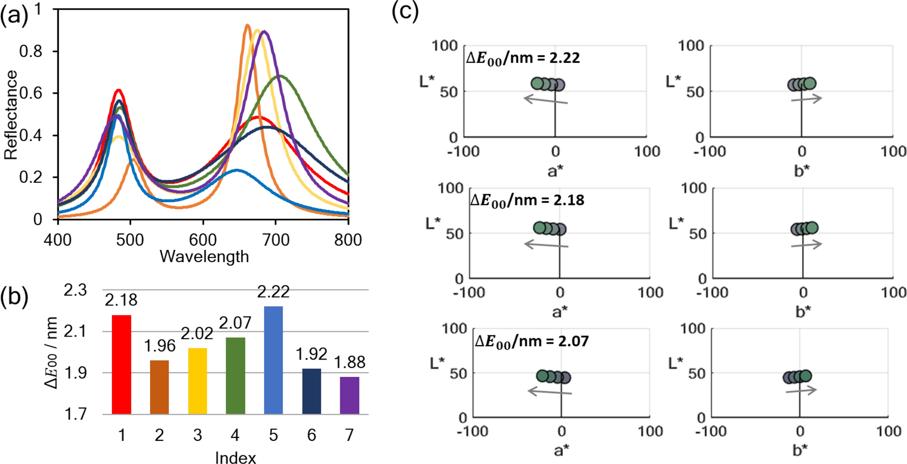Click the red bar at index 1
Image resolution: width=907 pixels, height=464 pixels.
[x=121, y=365]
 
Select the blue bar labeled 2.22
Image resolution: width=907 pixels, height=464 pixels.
[x=273, y=360]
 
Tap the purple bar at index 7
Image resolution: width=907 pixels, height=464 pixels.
[x=349, y=395]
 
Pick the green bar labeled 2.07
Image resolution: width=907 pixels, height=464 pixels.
[x=235, y=375]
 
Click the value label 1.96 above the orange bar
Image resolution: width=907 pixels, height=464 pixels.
[x=159, y=346]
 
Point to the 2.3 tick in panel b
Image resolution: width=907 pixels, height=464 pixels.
[x=75, y=290]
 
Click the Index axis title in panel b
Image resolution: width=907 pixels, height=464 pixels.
[x=235, y=457]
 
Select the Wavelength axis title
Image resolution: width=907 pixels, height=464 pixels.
[x=204, y=256]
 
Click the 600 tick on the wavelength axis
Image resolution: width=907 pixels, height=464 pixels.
[x=203, y=240]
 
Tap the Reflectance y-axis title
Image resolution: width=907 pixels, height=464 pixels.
[x=11, y=115]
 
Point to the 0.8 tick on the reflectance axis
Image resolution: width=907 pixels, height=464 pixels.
[x=31, y=51]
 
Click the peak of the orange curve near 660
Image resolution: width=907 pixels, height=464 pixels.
[x=248, y=25]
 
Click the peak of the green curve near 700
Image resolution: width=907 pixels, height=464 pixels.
[x=279, y=76]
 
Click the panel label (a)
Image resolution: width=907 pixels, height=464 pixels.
[x=14, y=16]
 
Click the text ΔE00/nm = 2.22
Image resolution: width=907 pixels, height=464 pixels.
[x=523, y=58]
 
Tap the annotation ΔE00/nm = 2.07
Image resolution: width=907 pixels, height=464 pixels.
[x=531, y=341]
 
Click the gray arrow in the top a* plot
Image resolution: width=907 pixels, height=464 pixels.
[x=545, y=100]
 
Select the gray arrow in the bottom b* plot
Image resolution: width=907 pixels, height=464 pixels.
[x=801, y=391]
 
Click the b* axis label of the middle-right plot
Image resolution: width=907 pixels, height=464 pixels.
[x=803, y=311]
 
